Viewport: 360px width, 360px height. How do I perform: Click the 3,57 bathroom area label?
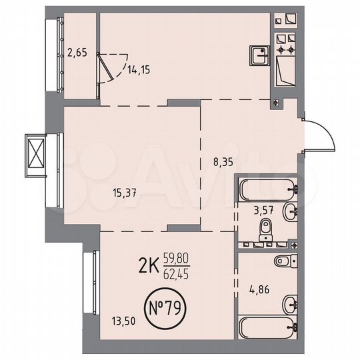click(265, 213)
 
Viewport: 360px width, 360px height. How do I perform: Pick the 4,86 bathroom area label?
click(259, 290)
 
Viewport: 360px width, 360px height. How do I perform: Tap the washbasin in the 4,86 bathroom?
click(291, 305)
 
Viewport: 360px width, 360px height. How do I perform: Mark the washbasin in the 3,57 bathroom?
click(291, 213)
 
